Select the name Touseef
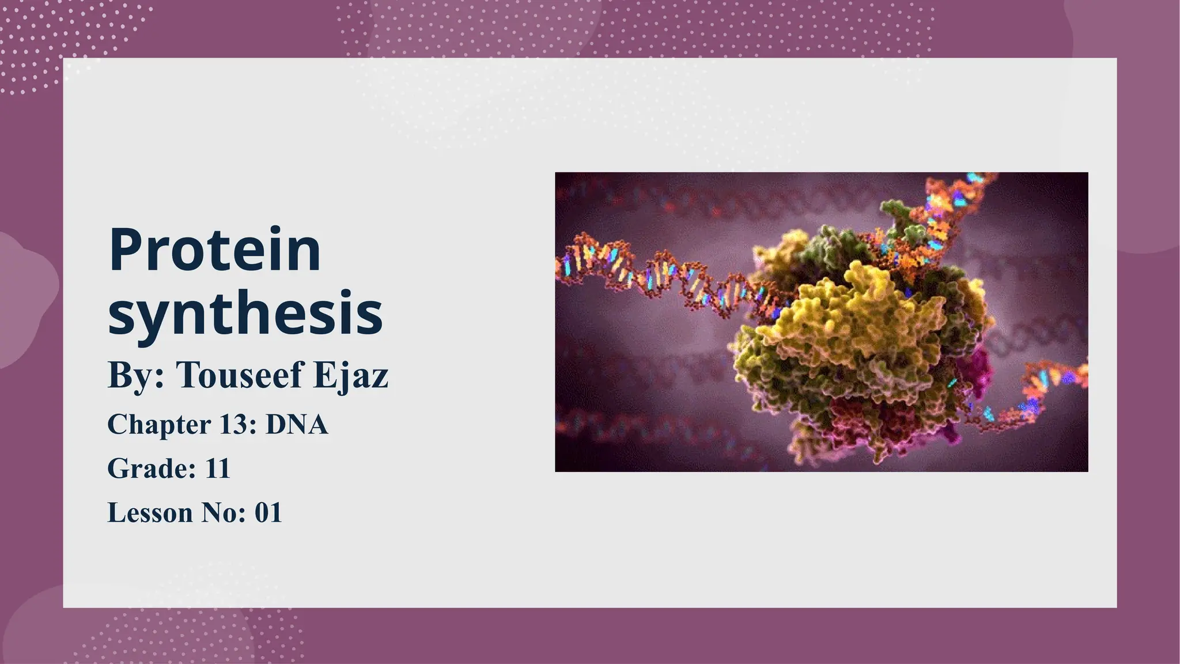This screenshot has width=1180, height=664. click(239, 375)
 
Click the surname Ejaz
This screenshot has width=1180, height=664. click(351, 376)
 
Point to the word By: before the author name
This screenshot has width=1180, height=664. click(136, 376)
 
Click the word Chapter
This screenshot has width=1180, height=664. click(159, 425)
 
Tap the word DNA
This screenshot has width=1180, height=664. click(296, 425)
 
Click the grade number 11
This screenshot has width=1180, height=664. click(218, 469)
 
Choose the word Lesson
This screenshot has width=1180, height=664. click(150, 513)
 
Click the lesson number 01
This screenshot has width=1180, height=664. click(268, 513)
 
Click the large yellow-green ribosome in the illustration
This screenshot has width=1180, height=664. click(853, 334)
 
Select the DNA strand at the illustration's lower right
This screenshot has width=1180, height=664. click(1037, 398)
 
